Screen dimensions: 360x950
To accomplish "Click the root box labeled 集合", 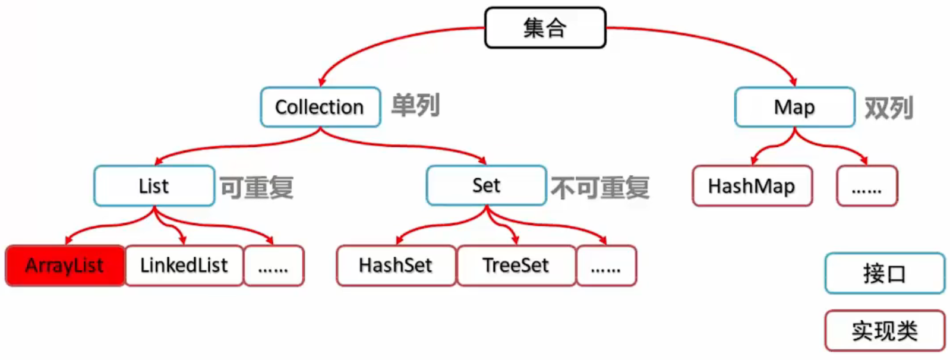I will tap(545, 28).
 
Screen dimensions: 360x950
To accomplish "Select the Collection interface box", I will tap(320, 107).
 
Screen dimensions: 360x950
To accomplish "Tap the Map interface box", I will tap(794, 107).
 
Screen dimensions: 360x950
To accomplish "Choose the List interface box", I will tap(154, 186).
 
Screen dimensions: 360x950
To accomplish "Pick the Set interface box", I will tap(486, 185).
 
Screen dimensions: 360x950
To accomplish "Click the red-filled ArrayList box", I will tap(65, 266).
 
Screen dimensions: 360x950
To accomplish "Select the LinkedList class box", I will tap(184, 266).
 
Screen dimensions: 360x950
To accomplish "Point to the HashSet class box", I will tap(396, 266).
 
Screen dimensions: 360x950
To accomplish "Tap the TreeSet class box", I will tap(516, 266).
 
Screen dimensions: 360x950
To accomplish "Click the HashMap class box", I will tap(752, 186).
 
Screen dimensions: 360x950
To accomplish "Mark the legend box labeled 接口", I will tap(884, 273).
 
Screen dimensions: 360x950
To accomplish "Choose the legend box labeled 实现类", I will tap(884, 330).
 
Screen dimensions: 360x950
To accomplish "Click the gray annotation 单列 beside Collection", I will tap(415, 106).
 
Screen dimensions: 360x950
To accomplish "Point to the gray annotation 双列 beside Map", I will tap(888, 108).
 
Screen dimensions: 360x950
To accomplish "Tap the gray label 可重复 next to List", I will tap(257, 188).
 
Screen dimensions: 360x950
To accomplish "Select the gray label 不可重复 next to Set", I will tap(600, 188).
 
